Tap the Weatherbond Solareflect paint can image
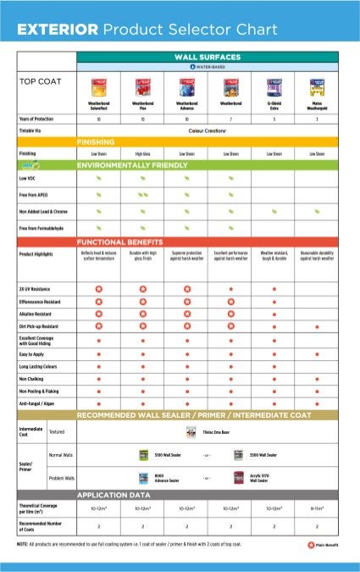pos(99,88)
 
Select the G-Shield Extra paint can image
pos(274,88)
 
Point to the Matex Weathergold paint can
pos(317,88)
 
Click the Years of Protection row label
pos(37,119)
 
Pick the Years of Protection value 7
pos(230,119)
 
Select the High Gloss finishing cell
pos(142,154)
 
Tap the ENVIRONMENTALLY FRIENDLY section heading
pos(132,165)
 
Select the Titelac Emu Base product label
pos(217,431)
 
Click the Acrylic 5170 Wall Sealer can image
pos(238,478)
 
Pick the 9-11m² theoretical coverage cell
pos(317,508)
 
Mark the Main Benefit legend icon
pos(310,544)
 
